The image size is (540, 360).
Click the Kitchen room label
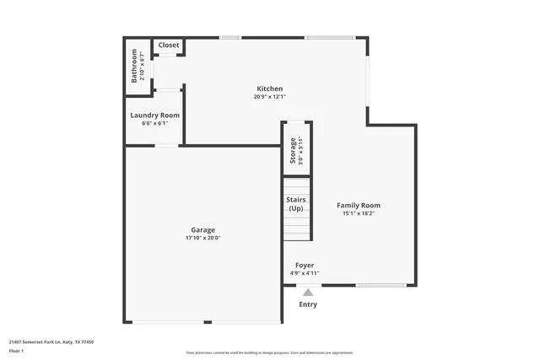(269, 89)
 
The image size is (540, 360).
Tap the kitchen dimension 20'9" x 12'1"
(269, 97)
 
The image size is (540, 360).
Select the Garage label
(202, 229)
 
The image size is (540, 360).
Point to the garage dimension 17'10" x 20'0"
(202, 238)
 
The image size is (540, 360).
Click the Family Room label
(359, 205)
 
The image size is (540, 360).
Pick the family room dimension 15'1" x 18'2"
(359, 213)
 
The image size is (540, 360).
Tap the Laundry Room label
(154, 116)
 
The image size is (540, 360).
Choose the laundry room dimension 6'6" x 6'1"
(154, 124)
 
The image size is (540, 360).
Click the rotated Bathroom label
(134, 66)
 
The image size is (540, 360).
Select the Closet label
(168, 45)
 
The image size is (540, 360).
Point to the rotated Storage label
(293, 150)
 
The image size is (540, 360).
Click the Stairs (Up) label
(295, 203)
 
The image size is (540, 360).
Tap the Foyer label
(304, 265)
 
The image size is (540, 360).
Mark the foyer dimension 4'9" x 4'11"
(304, 273)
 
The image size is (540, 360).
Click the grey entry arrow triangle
(308, 293)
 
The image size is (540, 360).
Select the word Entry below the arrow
(308, 304)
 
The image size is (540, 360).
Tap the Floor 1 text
(16, 351)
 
